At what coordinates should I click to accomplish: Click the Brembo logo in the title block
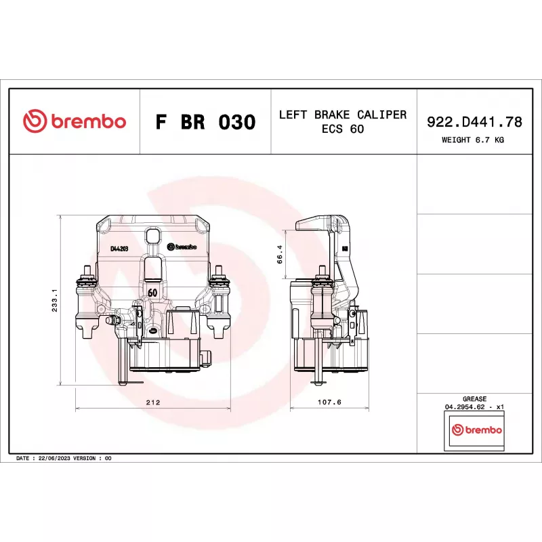pos(75,121)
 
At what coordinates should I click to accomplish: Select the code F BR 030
pos(206,122)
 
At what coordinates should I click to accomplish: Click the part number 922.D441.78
pos(474,122)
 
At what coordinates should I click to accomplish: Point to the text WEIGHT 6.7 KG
pos(472,140)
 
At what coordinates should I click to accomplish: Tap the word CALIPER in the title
pos(381,114)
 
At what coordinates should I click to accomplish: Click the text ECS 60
pos(343,129)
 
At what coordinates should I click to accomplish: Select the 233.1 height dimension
pos(55,300)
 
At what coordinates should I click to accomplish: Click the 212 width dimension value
pos(153,402)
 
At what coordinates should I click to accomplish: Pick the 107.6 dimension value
pos(329,402)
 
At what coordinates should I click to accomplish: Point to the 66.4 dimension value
pos(280,255)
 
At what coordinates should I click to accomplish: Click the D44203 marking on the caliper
pos(119,249)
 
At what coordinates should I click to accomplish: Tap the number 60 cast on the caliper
pos(152,293)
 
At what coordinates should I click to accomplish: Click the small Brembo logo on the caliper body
pos(182,247)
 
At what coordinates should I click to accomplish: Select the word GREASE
pos(474,399)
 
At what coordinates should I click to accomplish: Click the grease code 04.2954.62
pos(465,407)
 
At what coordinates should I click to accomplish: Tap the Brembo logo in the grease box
pos(477,430)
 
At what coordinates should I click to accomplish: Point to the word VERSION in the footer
pos(84,459)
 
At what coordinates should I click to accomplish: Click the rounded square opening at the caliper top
pos(153,236)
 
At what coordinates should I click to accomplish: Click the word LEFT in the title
pos(293,114)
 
